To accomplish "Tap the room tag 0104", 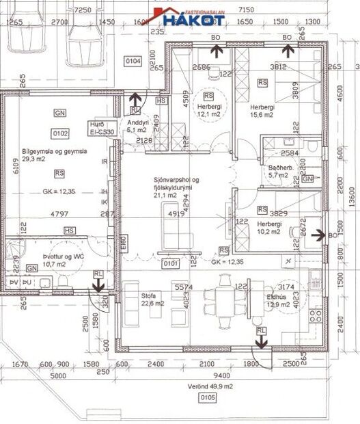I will (133, 62).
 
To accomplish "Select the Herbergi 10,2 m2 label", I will (271, 228).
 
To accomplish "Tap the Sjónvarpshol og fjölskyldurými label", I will (176, 187).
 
